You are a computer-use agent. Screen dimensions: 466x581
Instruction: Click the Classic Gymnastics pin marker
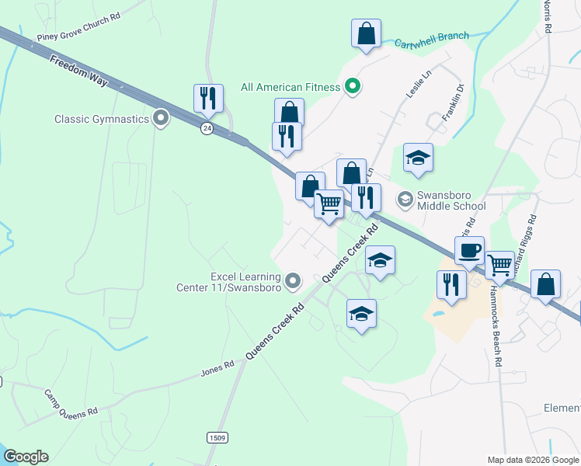(x=162, y=119)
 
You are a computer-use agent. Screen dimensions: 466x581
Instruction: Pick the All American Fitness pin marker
(x=352, y=86)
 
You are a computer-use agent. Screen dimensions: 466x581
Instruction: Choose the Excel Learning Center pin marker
(x=293, y=280)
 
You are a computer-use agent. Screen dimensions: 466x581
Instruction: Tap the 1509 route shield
(x=217, y=439)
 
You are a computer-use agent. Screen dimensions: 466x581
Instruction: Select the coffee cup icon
(x=469, y=252)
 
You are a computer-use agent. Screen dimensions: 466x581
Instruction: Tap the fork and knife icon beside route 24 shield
(x=208, y=99)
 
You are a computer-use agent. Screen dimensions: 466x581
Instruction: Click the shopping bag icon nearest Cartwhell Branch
(x=366, y=33)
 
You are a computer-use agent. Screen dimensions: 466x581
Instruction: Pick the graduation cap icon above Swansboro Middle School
(x=418, y=158)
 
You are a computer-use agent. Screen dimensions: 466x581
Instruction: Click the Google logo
(x=26, y=457)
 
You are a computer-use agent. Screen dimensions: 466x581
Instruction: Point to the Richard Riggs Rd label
(x=524, y=247)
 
